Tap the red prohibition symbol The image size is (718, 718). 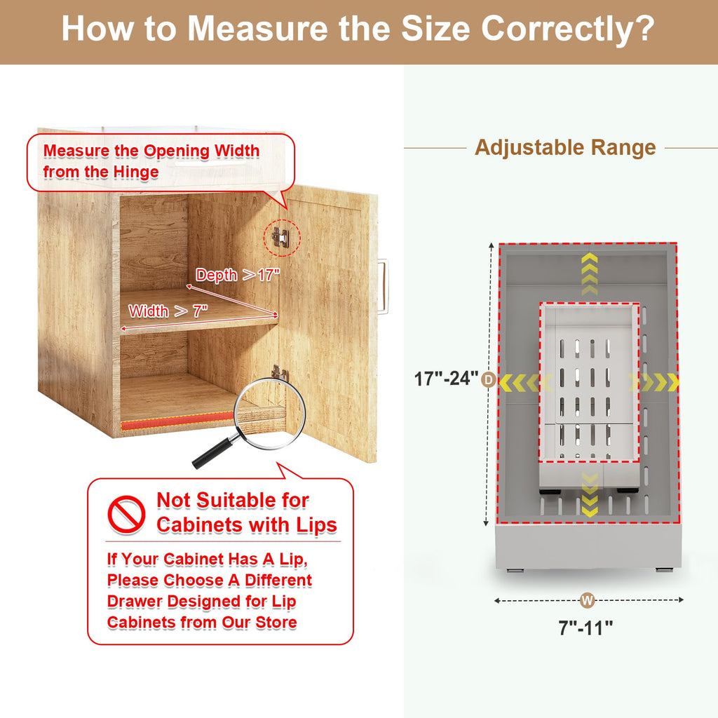tap(126, 514)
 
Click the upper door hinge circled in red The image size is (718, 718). tap(280, 237)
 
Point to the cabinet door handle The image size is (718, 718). tap(383, 287)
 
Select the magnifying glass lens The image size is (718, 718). tap(270, 413)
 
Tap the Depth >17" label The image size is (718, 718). tap(237, 275)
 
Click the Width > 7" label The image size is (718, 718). tap(168, 311)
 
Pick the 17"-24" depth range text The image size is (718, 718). tap(446, 379)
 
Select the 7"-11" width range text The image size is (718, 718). tap(585, 628)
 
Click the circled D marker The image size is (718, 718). tap(489, 379)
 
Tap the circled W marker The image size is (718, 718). tap(587, 600)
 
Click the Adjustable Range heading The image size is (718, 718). tap(565, 147)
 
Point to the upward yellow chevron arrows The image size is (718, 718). tap(589, 273)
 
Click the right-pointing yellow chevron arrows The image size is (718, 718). tap(653, 382)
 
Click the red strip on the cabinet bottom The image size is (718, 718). tap(177, 421)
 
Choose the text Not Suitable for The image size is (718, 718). tap(233, 500)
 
